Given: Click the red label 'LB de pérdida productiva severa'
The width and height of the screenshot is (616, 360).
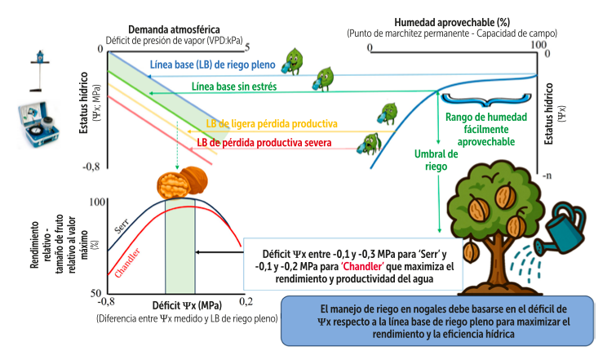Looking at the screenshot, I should pyautogui.click(x=268, y=141).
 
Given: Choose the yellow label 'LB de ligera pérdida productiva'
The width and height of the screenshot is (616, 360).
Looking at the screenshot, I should pyautogui.click(x=272, y=123).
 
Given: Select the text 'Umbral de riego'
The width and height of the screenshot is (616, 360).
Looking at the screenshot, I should pyautogui.click(x=437, y=160).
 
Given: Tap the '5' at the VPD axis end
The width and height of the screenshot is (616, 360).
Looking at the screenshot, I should pyautogui.click(x=248, y=47).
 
